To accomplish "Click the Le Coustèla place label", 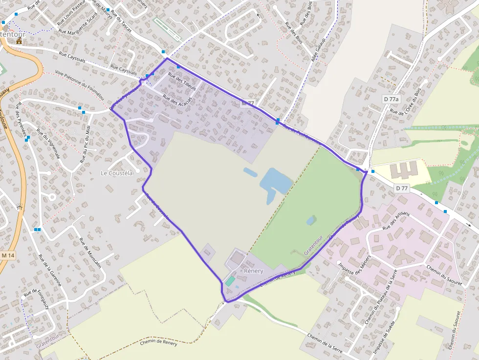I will [x=117, y=173].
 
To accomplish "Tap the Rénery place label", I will [x=253, y=271].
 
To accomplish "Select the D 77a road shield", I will [x=391, y=99].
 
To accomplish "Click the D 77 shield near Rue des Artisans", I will [x=402, y=188].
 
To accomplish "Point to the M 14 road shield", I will [x=8, y=255].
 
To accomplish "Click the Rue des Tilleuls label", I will [x=182, y=82].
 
